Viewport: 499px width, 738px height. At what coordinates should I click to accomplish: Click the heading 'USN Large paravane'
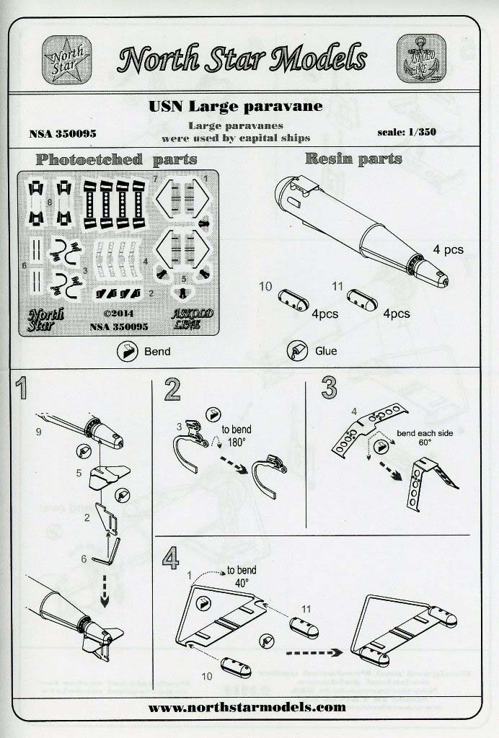(235, 106)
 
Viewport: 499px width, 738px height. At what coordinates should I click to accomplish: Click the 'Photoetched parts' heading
(115, 159)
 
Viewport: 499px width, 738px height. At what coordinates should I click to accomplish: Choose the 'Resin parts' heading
(353, 159)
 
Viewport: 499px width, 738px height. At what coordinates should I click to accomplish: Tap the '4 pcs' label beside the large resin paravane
(448, 249)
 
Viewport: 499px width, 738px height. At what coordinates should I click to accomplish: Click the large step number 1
(23, 390)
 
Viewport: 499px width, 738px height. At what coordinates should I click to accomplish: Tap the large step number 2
(172, 390)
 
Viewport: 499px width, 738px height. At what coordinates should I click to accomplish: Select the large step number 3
(329, 388)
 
